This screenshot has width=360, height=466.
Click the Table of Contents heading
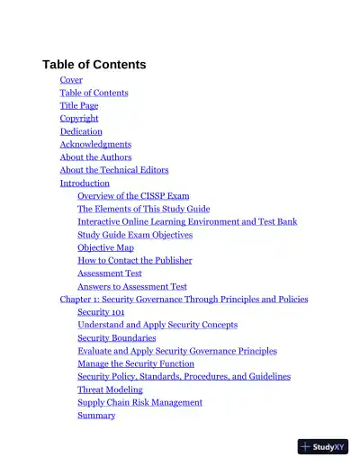click(x=94, y=65)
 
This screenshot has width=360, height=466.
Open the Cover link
click(x=71, y=80)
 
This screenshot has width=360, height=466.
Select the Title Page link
click(x=79, y=105)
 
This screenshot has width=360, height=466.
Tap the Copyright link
click(x=79, y=119)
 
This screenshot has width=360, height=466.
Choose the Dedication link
click(x=81, y=131)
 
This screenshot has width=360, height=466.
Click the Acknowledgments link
click(x=95, y=144)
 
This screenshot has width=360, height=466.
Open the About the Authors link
click(x=95, y=157)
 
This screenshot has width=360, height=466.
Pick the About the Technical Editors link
click(x=114, y=170)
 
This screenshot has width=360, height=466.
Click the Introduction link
click(x=85, y=184)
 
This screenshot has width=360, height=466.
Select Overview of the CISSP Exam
click(x=133, y=196)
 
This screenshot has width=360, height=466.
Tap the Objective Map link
click(x=105, y=247)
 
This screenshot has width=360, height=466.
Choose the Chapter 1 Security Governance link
click(x=184, y=300)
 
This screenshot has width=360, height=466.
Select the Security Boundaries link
click(x=116, y=338)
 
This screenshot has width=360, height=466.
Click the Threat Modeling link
click(x=110, y=390)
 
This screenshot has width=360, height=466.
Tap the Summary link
click(x=96, y=416)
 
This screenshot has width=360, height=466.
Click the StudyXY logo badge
click(x=322, y=445)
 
